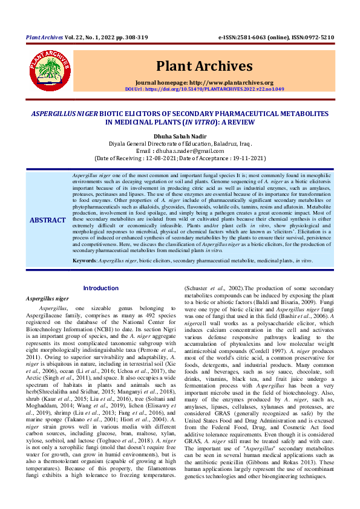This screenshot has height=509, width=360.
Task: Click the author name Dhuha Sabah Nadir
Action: pyautogui.click(x=180, y=136)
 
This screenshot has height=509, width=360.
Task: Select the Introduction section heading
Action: pyautogui.click(x=100, y=288)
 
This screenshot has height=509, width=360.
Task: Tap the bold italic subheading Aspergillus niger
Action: pyautogui.click(x=48, y=298)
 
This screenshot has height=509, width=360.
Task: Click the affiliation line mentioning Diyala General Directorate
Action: pyautogui.click(x=180, y=143)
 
